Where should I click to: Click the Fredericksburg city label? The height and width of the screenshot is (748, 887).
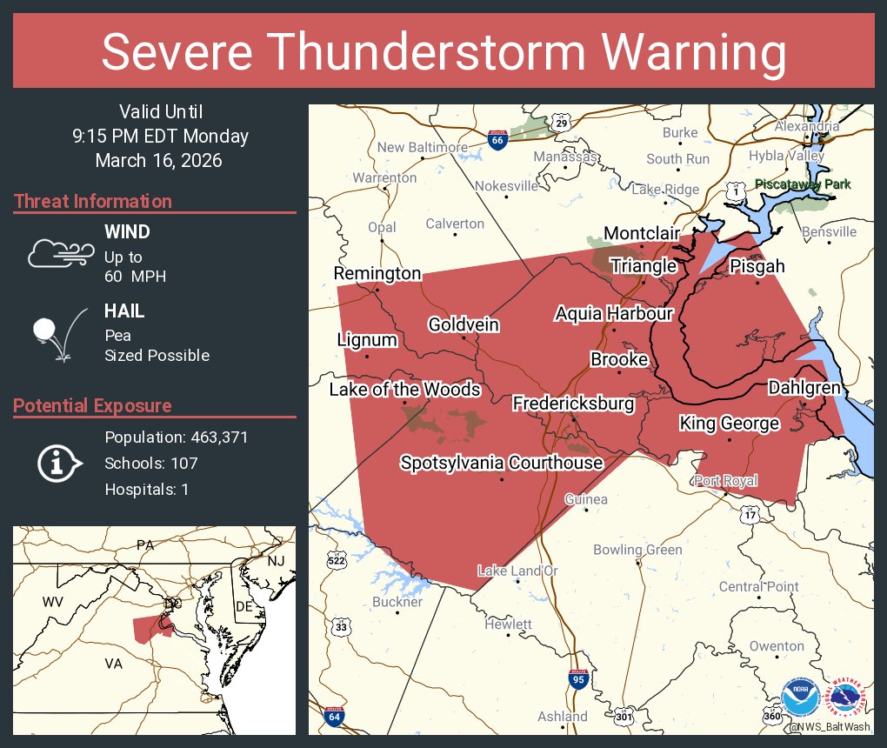573,404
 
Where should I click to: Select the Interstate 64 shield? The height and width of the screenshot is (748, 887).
334,717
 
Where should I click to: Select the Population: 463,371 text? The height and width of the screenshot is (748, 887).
177,437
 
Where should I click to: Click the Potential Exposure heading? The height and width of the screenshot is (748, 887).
92,405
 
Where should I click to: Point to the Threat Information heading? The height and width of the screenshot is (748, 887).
92,201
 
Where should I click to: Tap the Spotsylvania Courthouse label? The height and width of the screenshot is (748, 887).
501,463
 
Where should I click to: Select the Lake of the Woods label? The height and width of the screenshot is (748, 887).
404,389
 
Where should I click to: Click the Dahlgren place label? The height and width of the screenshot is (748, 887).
804,387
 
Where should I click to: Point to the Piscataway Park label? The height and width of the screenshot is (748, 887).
803,184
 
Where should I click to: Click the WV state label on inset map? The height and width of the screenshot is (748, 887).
52,602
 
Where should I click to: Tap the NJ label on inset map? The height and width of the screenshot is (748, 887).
275,561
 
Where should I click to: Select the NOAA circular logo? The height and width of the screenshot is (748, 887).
800,698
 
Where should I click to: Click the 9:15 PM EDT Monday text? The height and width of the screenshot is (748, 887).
161,136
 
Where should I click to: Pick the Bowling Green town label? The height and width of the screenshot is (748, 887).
637,550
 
